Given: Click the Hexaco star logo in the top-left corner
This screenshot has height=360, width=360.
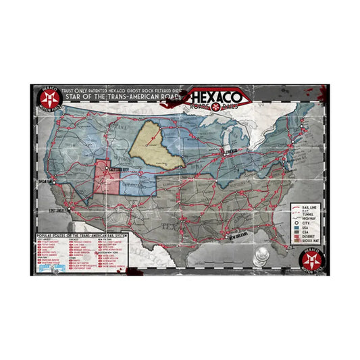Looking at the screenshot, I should (45, 99).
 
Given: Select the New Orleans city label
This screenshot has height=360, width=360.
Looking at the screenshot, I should (242, 238).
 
